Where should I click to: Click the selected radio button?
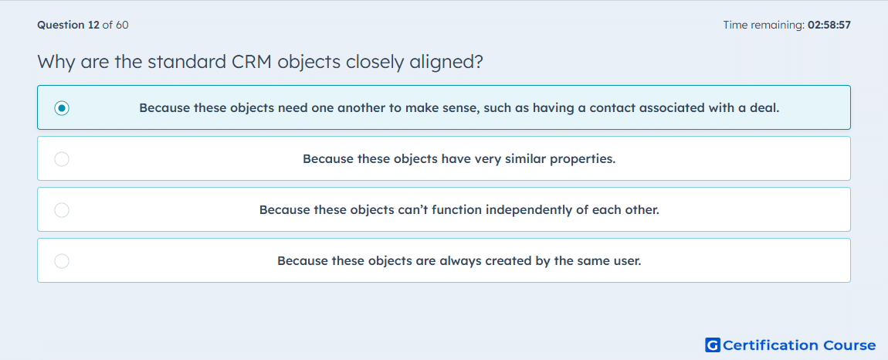(x=62, y=107)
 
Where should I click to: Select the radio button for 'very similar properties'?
(x=62, y=158)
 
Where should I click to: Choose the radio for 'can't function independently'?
(x=62, y=210)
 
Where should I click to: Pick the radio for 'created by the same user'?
(x=62, y=261)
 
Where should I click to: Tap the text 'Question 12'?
(x=68, y=25)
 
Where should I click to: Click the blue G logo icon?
(x=713, y=345)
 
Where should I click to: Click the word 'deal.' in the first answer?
(x=766, y=107)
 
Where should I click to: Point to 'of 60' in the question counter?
(x=115, y=25)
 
